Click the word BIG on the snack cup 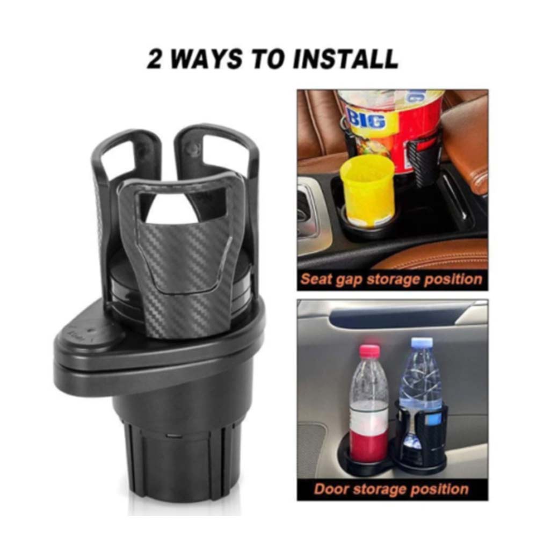(x=366, y=119)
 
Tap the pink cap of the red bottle (x=369, y=351)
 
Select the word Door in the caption (x=331, y=489)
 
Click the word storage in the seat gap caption (x=395, y=279)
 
